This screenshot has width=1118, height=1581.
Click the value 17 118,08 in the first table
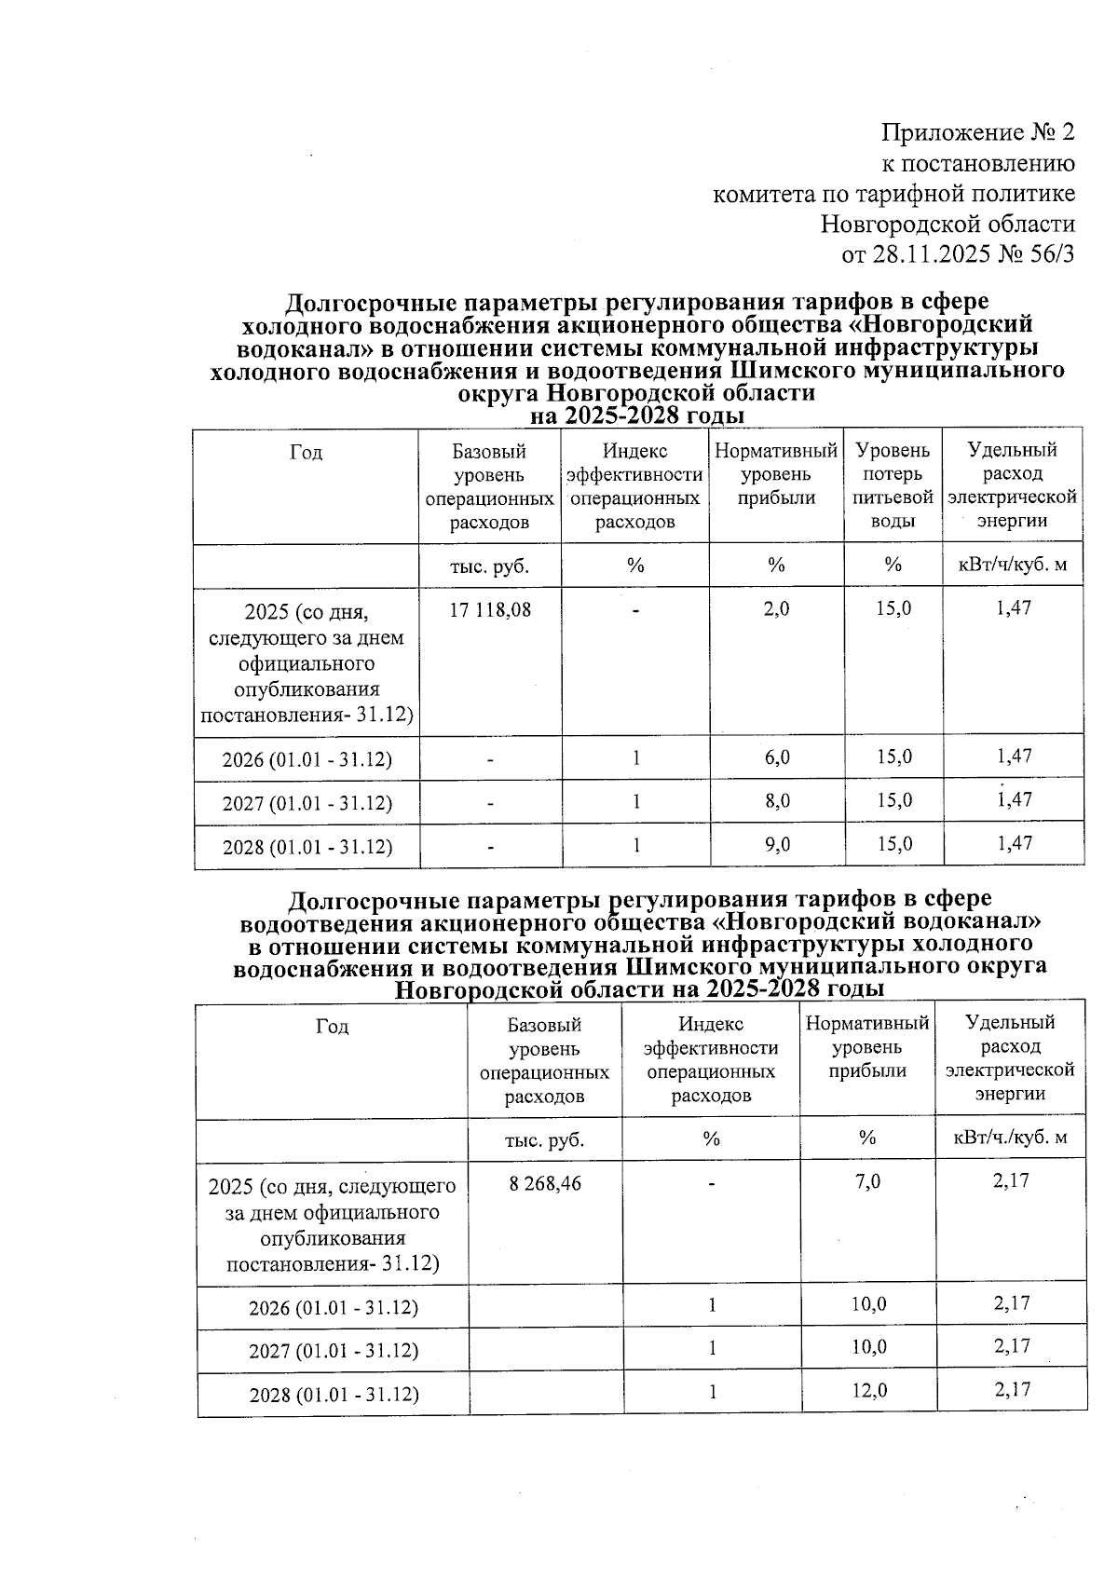(x=490, y=609)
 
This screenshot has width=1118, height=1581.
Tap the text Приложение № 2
(x=977, y=132)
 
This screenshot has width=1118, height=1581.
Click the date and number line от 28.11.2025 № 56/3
(x=958, y=253)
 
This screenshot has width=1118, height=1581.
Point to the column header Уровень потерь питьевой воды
(x=893, y=485)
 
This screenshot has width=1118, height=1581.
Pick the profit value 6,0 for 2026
(x=777, y=757)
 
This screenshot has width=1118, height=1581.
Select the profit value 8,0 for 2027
(x=777, y=801)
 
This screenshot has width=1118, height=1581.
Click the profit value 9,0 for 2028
(x=777, y=844)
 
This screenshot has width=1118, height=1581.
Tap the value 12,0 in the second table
(x=868, y=1390)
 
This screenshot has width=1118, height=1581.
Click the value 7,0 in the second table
(x=868, y=1181)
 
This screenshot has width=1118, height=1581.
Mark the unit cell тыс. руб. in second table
(x=545, y=1138)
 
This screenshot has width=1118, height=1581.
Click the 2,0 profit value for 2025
(x=777, y=609)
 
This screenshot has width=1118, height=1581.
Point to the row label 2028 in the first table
(x=307, y=847)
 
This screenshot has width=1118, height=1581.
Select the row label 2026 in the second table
(x=333, y=1307)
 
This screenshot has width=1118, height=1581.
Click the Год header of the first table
(x=306, y=453)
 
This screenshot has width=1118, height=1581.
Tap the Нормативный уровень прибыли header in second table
(x=867, y=1047)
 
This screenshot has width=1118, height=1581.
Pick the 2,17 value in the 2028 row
(x=1011, y=1389)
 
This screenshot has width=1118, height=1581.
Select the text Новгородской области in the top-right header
(x=948, y=224)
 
